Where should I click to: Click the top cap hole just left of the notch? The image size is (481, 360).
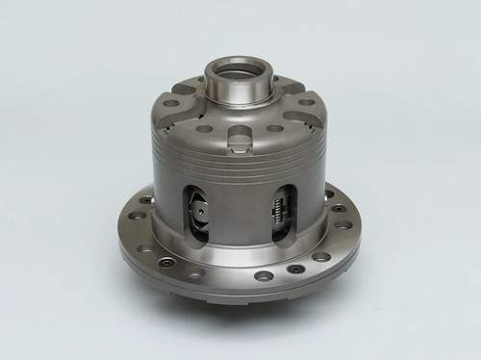pos(206,127)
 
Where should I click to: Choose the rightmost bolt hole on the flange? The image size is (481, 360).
pos(345,225)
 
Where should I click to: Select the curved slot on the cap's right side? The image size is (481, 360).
pos(301,120)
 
